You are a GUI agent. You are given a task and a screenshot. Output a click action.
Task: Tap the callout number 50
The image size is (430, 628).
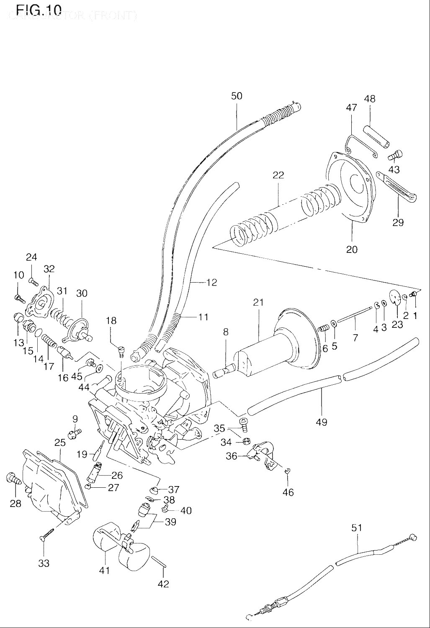(x=237, y=96)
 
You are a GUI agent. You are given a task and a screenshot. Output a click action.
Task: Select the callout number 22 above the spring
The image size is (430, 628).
(x=278, y=175)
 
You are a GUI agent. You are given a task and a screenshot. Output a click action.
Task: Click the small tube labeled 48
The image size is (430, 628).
(x=378, y=136)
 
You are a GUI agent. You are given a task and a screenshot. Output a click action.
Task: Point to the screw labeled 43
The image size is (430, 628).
(x=395, y=155)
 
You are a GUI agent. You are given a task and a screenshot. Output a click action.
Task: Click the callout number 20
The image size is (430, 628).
(x=352, y=249)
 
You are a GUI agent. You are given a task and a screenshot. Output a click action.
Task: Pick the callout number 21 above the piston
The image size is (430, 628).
(x=258, y=302)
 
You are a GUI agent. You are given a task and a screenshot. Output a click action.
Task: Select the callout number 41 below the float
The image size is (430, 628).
(x=104, y=570)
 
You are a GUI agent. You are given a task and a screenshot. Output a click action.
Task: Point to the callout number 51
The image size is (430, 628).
(x=356, y=528)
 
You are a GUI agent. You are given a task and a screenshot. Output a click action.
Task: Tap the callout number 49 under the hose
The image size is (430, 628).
(x=322, y=422)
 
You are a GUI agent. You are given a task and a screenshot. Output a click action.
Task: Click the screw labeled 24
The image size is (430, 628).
(x=33, y=281)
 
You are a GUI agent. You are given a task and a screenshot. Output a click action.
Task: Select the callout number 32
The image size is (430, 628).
(x=49, y=269)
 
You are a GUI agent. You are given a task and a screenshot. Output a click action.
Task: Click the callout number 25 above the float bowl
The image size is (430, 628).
(x=60, y=443)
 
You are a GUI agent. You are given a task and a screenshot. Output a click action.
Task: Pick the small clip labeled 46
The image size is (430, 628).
(x=287, y=472)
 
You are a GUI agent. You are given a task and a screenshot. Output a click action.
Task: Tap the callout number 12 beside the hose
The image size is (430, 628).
(x=212, y=283)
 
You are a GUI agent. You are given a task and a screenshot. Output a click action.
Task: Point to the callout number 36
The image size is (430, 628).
(x=232, y=456)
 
